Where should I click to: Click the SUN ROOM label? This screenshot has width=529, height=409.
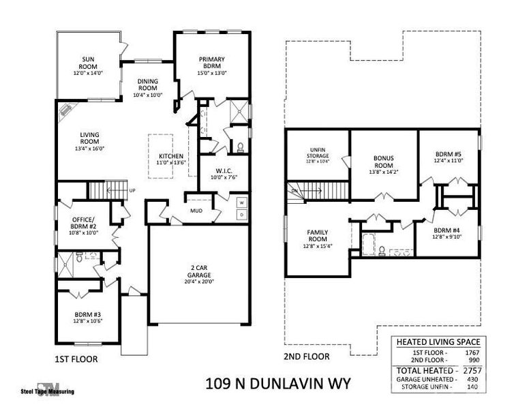88,62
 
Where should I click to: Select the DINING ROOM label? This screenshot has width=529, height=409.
148,85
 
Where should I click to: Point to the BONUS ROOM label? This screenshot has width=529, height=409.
383,162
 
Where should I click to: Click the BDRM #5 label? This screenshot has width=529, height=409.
449,154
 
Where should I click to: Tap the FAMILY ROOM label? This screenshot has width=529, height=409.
318,236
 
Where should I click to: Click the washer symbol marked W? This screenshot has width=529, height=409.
241,202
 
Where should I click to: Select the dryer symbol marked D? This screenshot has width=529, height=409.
241,215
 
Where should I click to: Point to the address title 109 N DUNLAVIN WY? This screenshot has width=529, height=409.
277,384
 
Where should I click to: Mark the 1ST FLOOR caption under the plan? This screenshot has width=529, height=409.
76,358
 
